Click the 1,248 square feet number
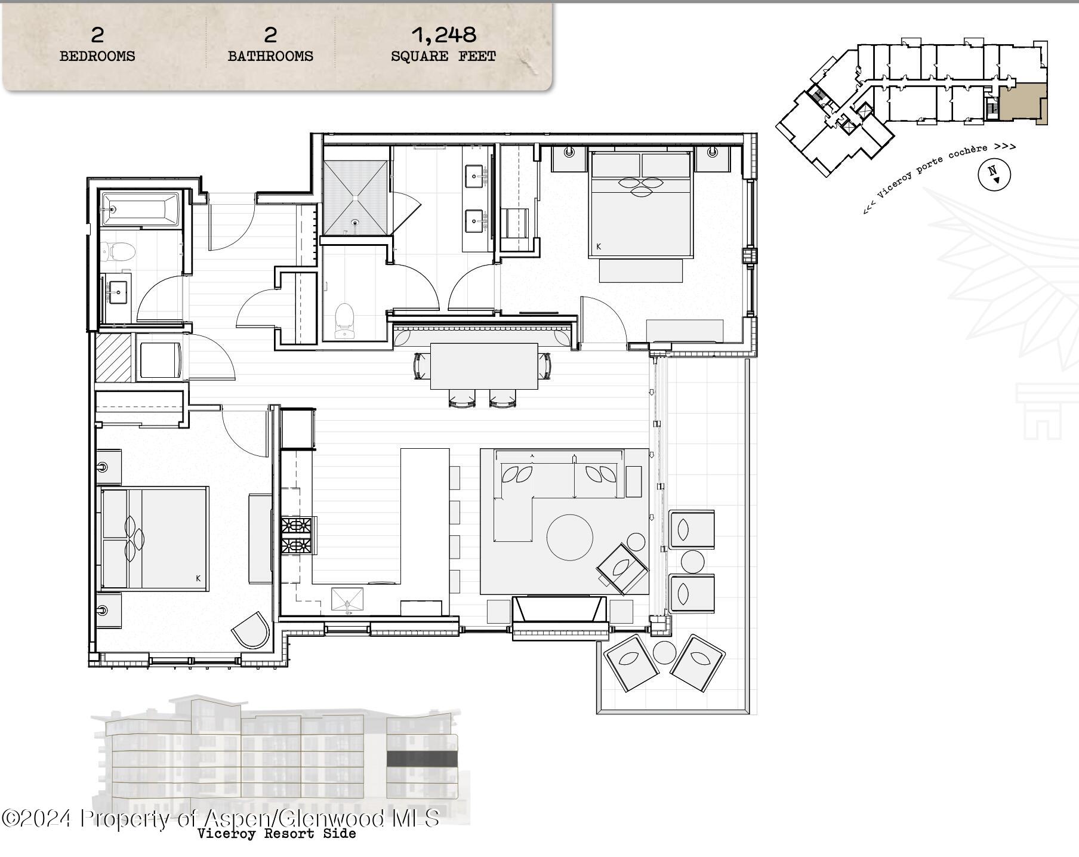click(x=444, y=35)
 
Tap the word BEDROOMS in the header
click(x=97, y=57)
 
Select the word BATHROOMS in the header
click(x=270, y=57)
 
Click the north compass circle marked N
click(x=994, y=174)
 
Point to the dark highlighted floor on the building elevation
click(x=422, y=759)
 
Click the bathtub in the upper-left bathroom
click(x=141, y=209)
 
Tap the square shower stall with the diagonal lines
click(x=356, y=198)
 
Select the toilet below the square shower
click(x=344, y=319)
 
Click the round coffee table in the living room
click(x=570, y=537)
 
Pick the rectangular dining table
click(x=484, y=366)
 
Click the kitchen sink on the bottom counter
click(x=347, y=600)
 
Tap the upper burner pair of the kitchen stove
click(x=297, y=526)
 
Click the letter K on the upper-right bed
click(x=599, y=246)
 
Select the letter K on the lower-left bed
click(x=198, y=578)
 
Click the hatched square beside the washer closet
click(x=113, y=357)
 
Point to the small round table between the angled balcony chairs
click(x=664, y=652)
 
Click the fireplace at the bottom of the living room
click(x=559, y=610)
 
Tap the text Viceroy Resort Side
click(x=276, y=834)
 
